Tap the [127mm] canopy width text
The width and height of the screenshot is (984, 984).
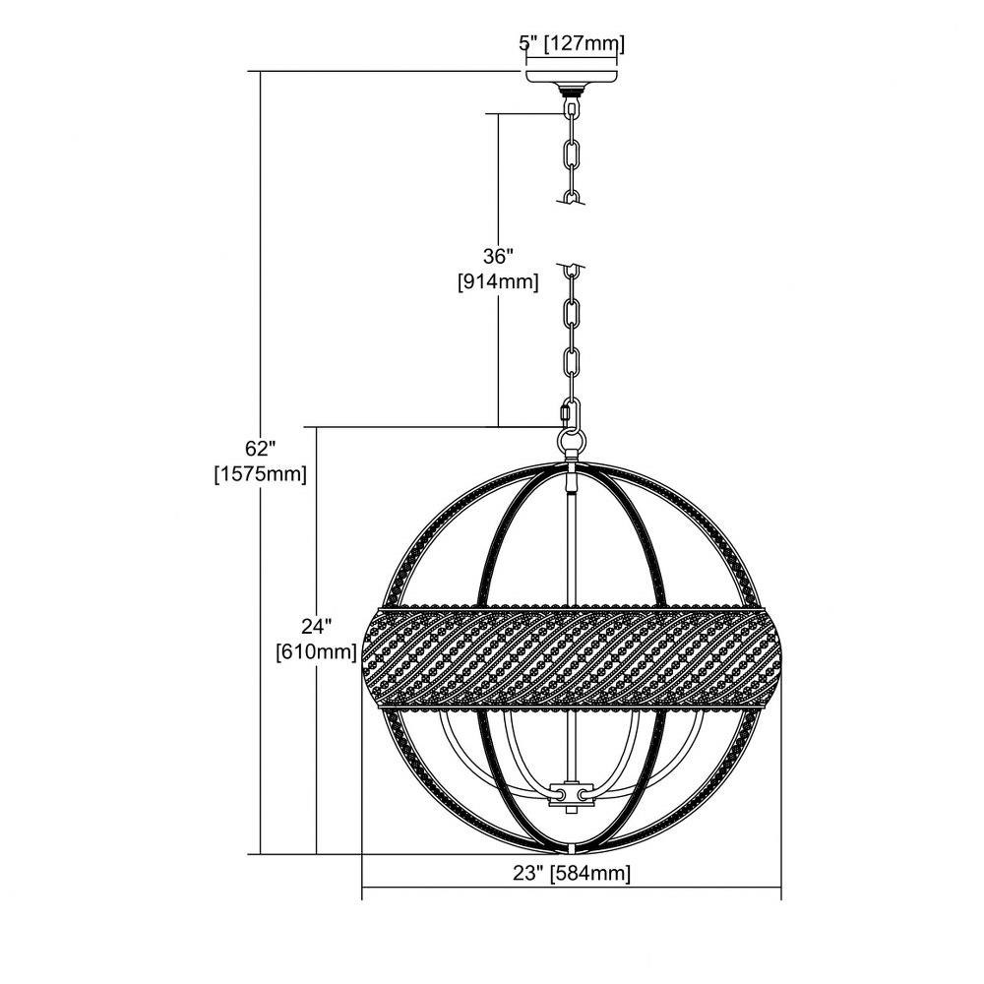click(x=584, y=44)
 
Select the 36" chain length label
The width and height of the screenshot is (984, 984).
click(x=498, y=256)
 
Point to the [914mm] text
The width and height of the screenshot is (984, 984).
click(x=498, y=281)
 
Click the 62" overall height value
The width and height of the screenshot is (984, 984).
click(x=261, y=448)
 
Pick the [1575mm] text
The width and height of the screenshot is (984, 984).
click(x=261, y=474)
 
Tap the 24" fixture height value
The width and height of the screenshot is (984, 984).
click(x=316, y=626)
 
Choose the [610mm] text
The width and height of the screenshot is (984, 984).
click(x=316, y=652)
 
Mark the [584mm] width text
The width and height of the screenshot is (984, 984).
click(x=589, y=873)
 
